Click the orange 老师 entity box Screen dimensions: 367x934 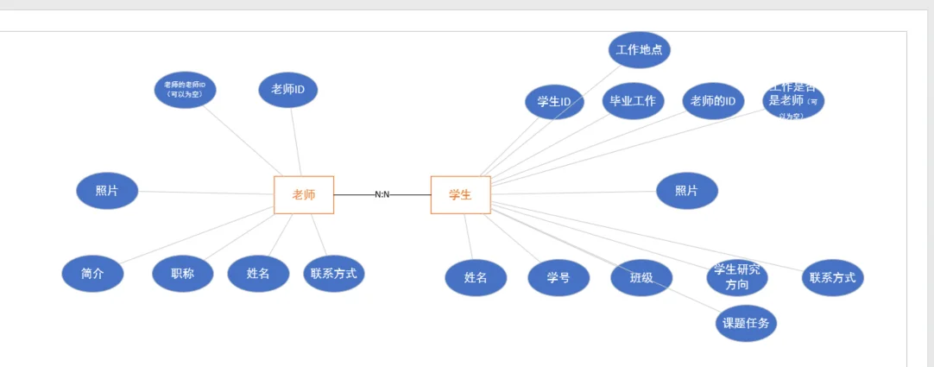point(304,194)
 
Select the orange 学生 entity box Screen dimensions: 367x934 point(460,194)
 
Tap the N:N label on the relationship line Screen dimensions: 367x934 point(382,194)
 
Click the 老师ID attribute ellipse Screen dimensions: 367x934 point(288,90)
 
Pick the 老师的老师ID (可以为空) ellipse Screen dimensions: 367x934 point(185,89)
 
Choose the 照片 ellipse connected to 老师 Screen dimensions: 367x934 point(107,191)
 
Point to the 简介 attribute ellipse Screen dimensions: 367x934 point(92,274)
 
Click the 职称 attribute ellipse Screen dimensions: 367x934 point(182,274)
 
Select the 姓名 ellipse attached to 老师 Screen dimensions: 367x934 point(258,274)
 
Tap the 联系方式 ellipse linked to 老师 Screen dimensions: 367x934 point(334,273)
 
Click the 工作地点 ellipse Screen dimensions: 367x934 point(640,50)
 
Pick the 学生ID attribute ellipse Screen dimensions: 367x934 point(554,102)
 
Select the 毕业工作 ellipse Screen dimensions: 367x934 point(633,101)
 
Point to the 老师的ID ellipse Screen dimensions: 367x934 point(713,101)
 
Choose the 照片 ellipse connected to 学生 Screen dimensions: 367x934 point(686,191)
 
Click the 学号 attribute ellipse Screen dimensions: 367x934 point(559,278)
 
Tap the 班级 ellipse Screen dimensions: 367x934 point(641,278)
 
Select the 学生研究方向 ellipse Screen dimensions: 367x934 point(736,277)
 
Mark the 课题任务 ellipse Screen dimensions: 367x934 point(746,324)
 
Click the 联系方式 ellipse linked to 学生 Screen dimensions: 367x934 point(832,278)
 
